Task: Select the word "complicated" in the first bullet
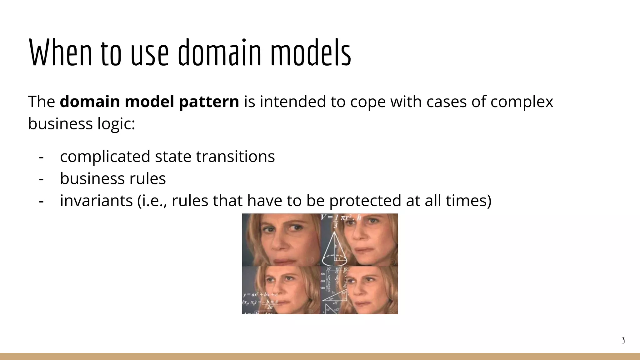[x=105, y=157]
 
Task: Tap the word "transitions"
[x=235, y=157]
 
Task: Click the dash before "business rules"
[x=41, y=179]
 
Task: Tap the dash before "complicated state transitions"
[x=41, y=157]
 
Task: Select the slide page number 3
[x=623, y=340]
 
